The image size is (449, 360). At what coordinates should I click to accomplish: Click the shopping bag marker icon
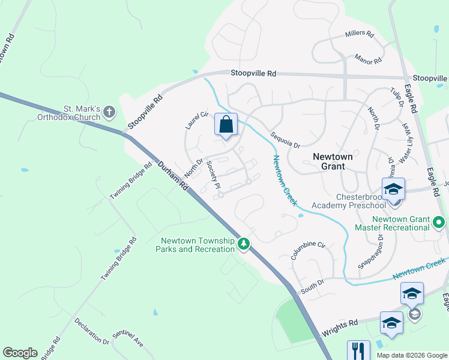pos(226,125)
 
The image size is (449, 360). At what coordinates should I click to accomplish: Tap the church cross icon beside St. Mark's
pos(109,112)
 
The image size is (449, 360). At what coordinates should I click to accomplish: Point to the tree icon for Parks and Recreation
pos(244,244)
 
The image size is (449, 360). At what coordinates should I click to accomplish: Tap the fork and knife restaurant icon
pos(358,350)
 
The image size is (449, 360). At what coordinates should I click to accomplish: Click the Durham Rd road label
pos(173,176)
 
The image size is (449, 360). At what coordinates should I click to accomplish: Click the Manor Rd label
pos(369,59)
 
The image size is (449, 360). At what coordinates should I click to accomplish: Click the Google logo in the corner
pos(20,352)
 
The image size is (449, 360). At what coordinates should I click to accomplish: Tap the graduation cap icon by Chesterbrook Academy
pos(393,189)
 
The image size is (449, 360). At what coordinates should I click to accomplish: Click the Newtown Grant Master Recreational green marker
pos(439,223)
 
